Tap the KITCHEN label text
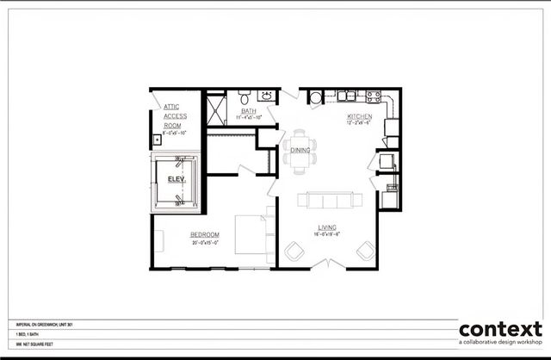click(x=359, y=115)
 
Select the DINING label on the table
click(x=300, y=150)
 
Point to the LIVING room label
click(x=326, y=227)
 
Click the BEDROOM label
click(x=205, y=234)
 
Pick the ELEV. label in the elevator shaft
click(x=176, y=179)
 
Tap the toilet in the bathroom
click(x=244, y=95)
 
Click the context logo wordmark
click(x=500, y=330)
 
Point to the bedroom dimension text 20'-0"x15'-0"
click(x=205, y=243)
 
